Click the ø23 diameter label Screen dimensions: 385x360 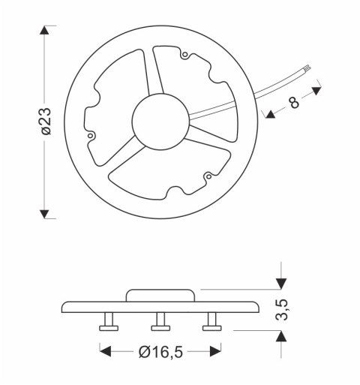click(x=46, y=122)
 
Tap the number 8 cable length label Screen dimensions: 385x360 click(x=294, y=102)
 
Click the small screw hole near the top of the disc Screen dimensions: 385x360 click(x=184, y=54)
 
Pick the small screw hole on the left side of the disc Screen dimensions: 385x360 click(x=91, y=136)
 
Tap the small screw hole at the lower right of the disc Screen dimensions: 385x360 click(x=207, y=177)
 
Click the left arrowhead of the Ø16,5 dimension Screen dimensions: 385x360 click(x=106, y=351)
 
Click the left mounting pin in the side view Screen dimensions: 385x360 click(x=109, y=323)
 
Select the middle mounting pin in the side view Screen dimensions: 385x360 click(x=160, y=323)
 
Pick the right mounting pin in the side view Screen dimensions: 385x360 click(x=211, y=323)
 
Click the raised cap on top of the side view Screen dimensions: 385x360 click(x=162, y=294)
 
